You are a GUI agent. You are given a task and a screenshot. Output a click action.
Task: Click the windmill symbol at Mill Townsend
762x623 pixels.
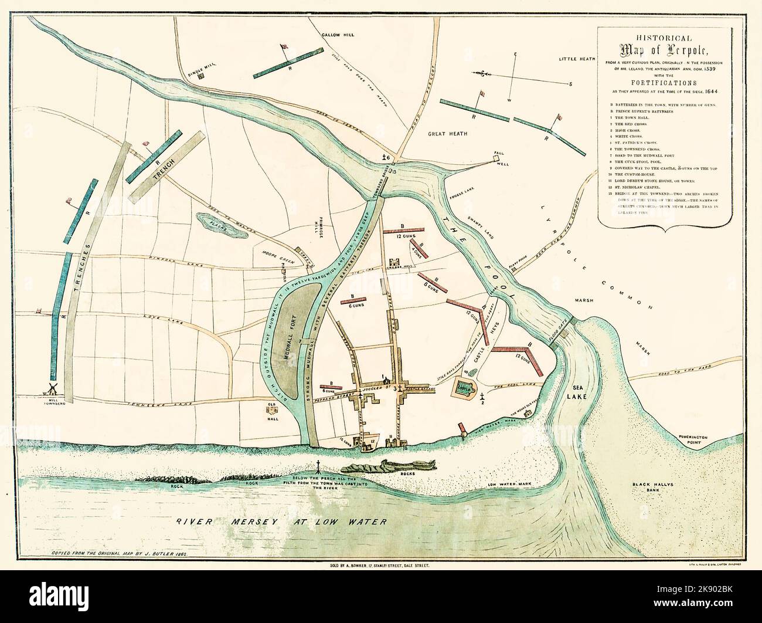tap(51, 388)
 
